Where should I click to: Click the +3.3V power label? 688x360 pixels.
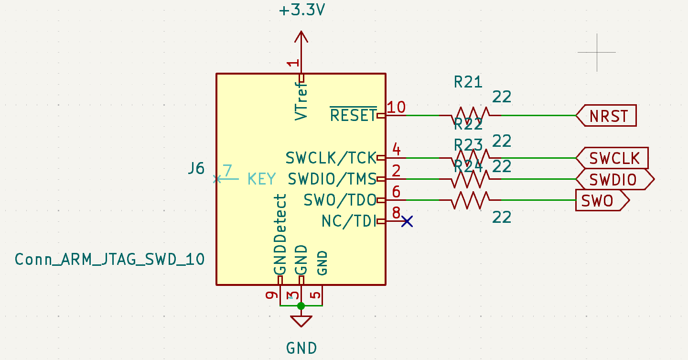(301, 10)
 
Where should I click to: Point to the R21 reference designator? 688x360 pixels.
(468, 83)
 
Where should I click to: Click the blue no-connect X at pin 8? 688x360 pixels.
(407, 221)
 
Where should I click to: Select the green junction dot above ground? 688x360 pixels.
(301, 306)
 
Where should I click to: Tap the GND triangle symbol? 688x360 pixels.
(301, 321)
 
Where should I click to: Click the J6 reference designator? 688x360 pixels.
(196, 168)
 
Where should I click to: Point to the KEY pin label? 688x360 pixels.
(261, 179)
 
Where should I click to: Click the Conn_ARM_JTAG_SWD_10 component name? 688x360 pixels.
(110, 259)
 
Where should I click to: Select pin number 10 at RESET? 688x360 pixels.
(396, 108)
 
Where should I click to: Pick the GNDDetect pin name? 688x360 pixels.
(280, 234)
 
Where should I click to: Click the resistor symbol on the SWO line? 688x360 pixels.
(470, 200)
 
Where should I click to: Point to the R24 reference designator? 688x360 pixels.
(468, 166)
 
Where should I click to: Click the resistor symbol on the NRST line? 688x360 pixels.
(470, 115)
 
